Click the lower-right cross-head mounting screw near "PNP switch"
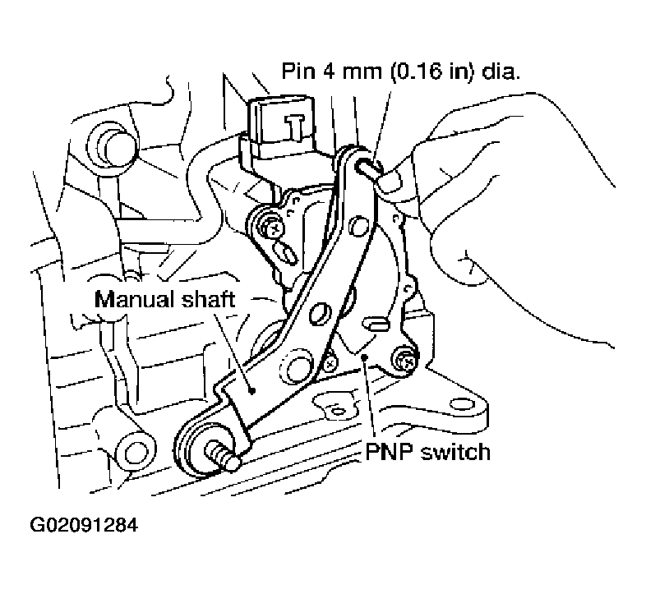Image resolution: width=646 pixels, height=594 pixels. coord(404,358)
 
